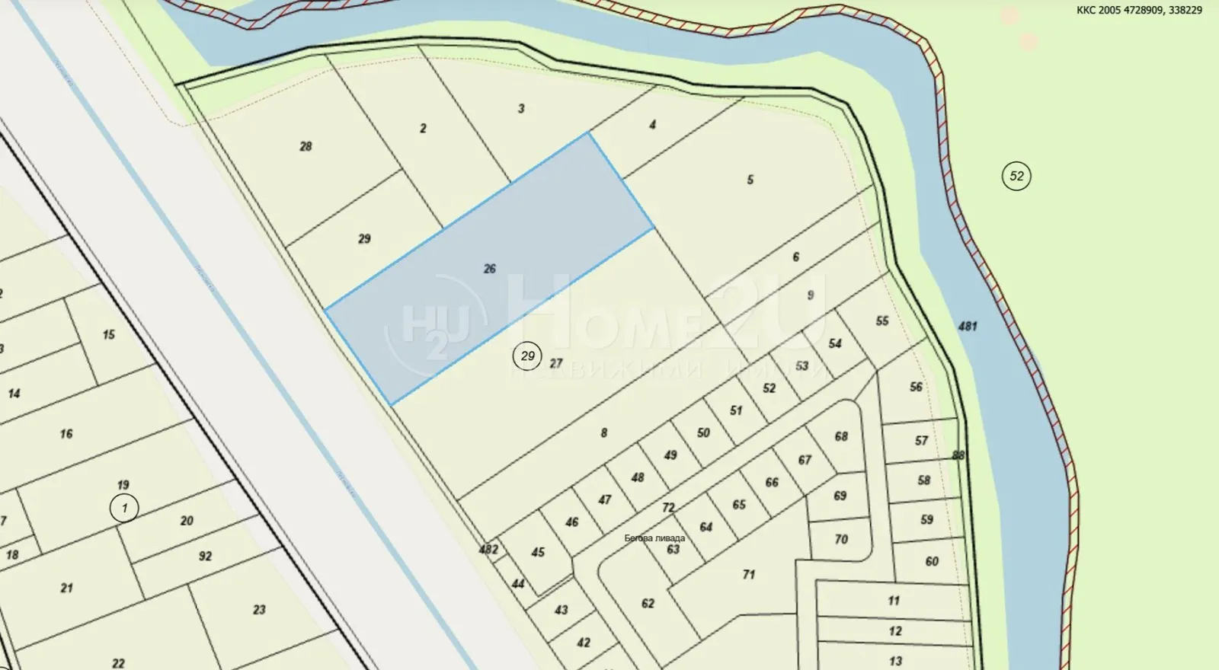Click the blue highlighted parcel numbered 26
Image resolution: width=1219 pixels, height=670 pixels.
(489, 268)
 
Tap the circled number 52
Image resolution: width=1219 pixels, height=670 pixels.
(1016, 177)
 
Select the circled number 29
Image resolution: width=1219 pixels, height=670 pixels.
(527, 356)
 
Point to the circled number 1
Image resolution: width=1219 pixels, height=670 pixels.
(123, 508)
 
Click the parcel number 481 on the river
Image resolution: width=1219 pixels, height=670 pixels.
(968, 327)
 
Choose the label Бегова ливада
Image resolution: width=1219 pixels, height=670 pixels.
(654, 538)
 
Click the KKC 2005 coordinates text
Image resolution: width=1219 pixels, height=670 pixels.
(1139, 11)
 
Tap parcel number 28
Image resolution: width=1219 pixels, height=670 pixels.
(306, 146)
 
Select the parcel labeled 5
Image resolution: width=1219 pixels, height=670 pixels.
(750, 180)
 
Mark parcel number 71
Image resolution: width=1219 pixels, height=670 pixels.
(749, 574)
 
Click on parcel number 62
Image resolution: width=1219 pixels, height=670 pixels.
(648, 604)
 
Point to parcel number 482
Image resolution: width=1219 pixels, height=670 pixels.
(488, 549)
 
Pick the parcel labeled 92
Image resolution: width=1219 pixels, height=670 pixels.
(205, 557)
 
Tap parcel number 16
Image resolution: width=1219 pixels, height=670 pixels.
(66, 434)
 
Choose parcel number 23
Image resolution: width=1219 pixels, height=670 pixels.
(259, 610)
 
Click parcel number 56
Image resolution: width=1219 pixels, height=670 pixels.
(916, 387)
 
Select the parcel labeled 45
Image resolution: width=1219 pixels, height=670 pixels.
(538, 552)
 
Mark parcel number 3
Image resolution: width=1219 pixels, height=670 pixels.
(521, 109)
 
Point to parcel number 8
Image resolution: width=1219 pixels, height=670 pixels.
(604, 433)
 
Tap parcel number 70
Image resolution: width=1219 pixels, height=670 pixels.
(841, 539)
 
